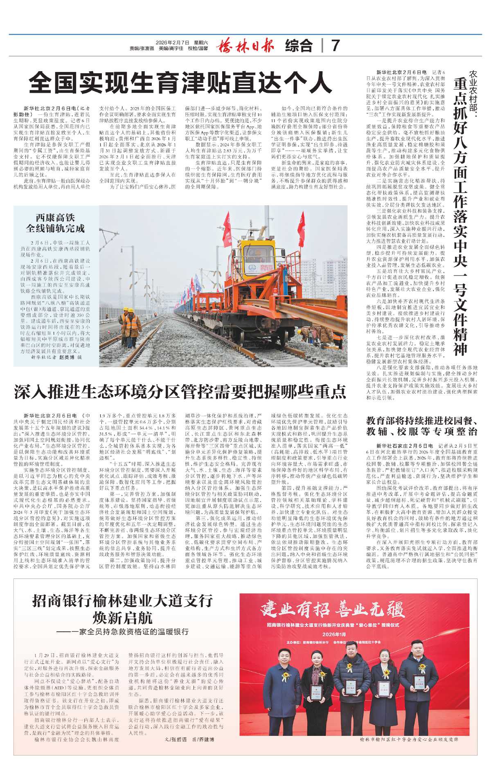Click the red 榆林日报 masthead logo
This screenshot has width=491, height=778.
click(x=245, y=45)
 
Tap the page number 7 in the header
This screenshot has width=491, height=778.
click(x=335, y=45)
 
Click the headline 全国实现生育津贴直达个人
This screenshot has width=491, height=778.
click(x=180, y=83)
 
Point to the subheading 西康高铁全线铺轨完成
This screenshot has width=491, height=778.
click(x=55, y=223)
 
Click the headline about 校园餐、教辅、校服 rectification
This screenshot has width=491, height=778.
click(x=421, y=426)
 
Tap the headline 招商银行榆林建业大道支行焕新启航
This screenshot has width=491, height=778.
click(x=122, y=609)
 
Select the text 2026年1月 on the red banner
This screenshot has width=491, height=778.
click(x=334, y=634)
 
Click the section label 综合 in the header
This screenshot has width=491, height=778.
click(x=299, y=45)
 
